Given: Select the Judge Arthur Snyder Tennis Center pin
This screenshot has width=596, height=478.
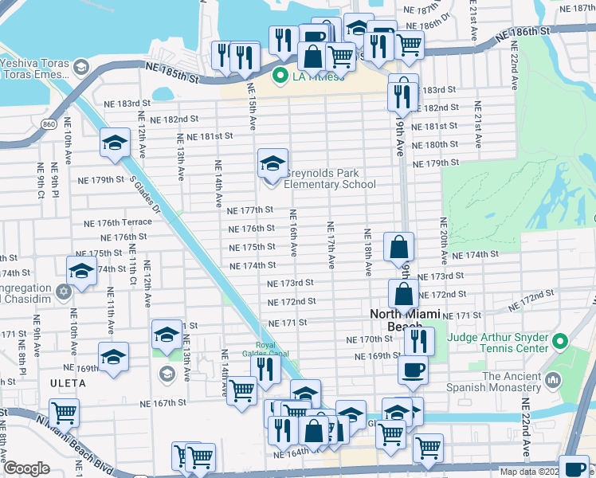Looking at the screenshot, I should point(559,342).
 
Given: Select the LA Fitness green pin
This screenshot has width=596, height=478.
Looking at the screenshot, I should point(280,76).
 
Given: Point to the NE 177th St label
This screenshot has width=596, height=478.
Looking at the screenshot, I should point(250,210).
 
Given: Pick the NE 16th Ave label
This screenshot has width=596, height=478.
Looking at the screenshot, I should point(293,233).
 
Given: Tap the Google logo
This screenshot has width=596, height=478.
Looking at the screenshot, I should point(26,468).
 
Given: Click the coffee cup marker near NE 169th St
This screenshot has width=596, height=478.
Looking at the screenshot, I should point(413,369).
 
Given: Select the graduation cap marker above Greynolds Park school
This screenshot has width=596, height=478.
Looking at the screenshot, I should point(273,163).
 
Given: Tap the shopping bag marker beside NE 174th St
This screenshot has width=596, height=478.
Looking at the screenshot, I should point(398,247).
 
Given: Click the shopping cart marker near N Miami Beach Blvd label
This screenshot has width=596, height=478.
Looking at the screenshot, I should point(64,413).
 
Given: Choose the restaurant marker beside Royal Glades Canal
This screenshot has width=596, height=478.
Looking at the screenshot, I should point(265,368).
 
